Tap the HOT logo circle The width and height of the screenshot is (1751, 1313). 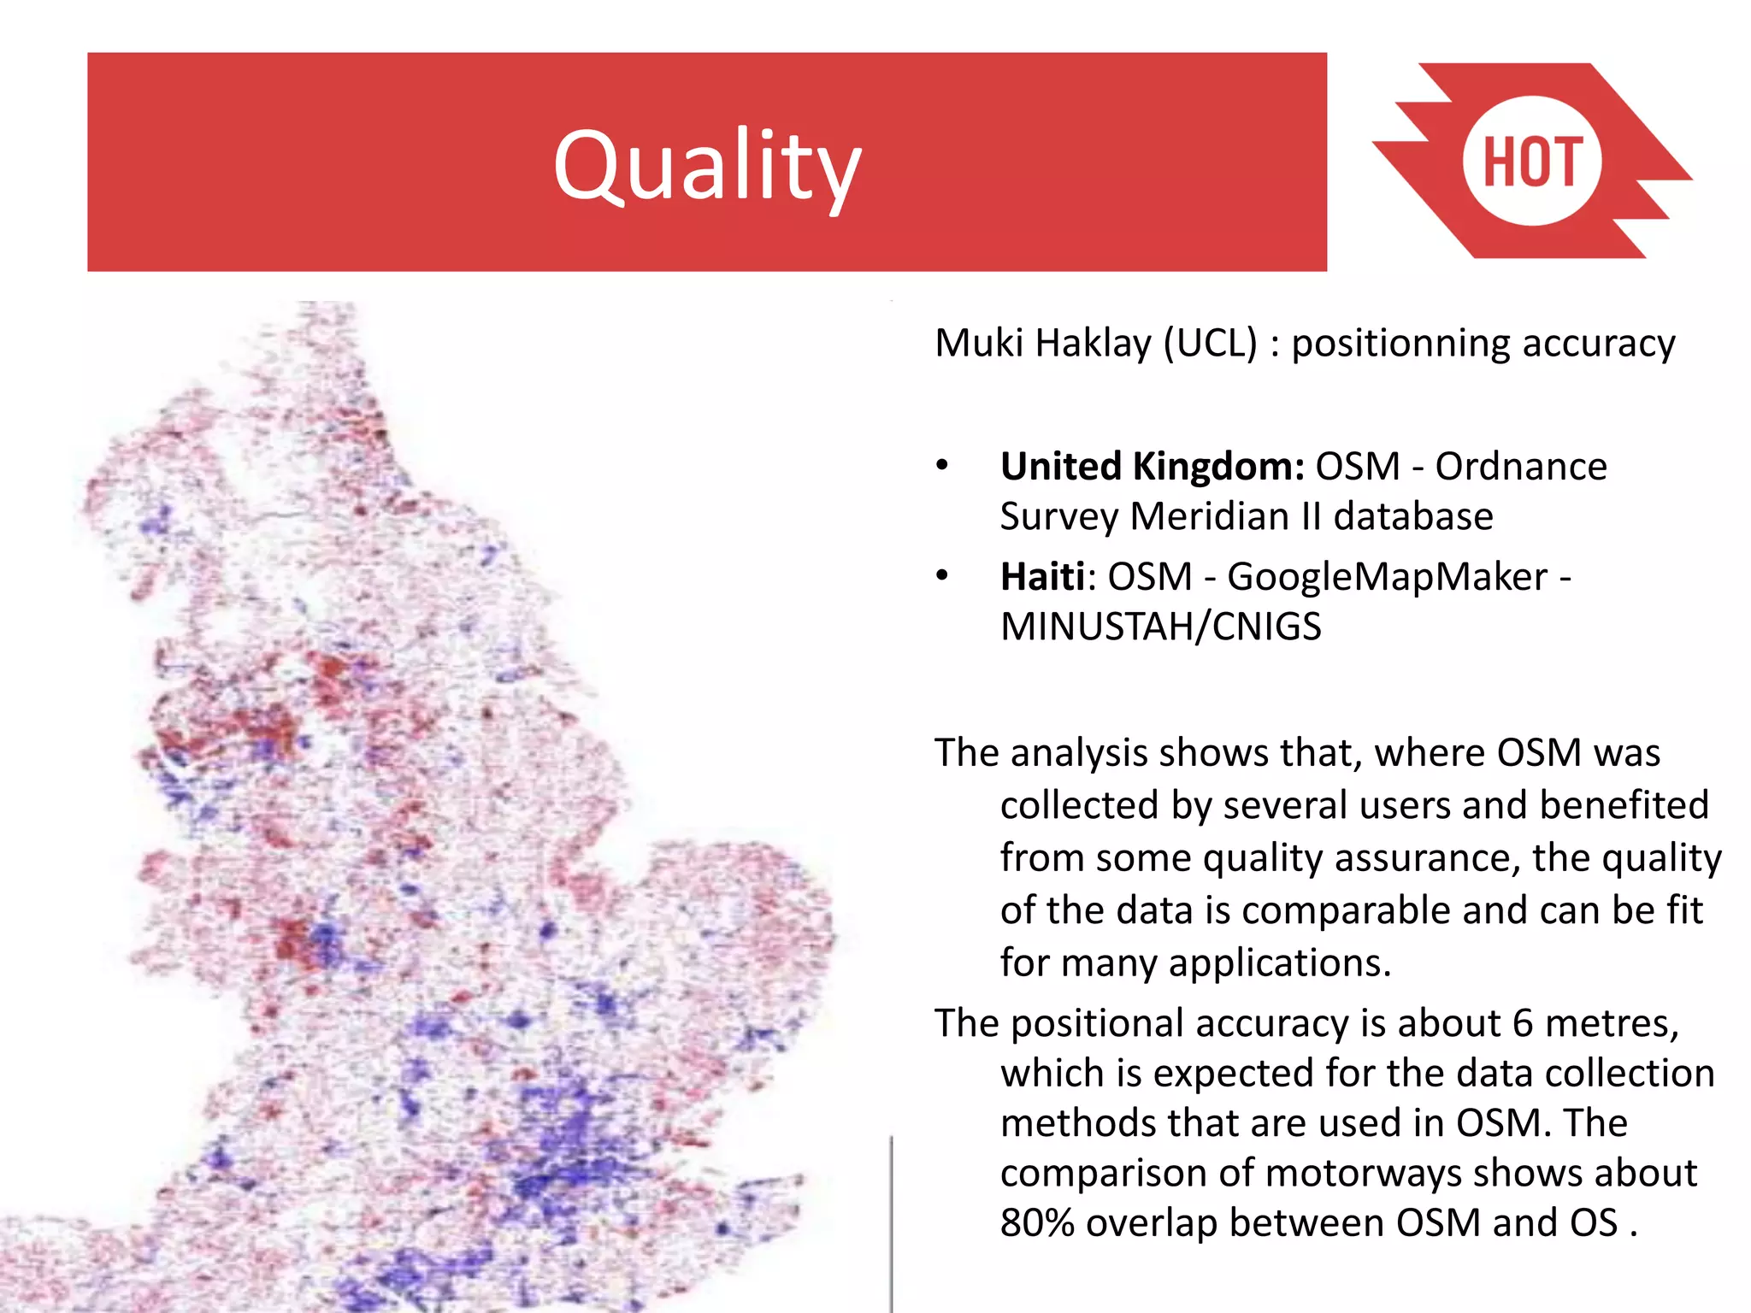coord(1531,162)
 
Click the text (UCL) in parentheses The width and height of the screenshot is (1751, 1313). coord(1211,344)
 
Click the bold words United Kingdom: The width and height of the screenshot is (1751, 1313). coord(1152,467)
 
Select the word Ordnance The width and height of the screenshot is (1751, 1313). coord(1521,467)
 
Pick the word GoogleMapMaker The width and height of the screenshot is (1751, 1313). coord(1387,577)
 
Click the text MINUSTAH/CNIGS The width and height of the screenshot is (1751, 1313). coord(1160,627)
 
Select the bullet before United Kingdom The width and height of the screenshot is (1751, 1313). coord(942,466)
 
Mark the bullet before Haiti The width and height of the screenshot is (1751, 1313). coord(942,575)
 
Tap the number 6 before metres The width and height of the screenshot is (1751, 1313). coord(1523,1023)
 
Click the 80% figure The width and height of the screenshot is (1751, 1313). coord(1037,1223)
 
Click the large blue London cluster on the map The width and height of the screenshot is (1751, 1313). coord(564,1145)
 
